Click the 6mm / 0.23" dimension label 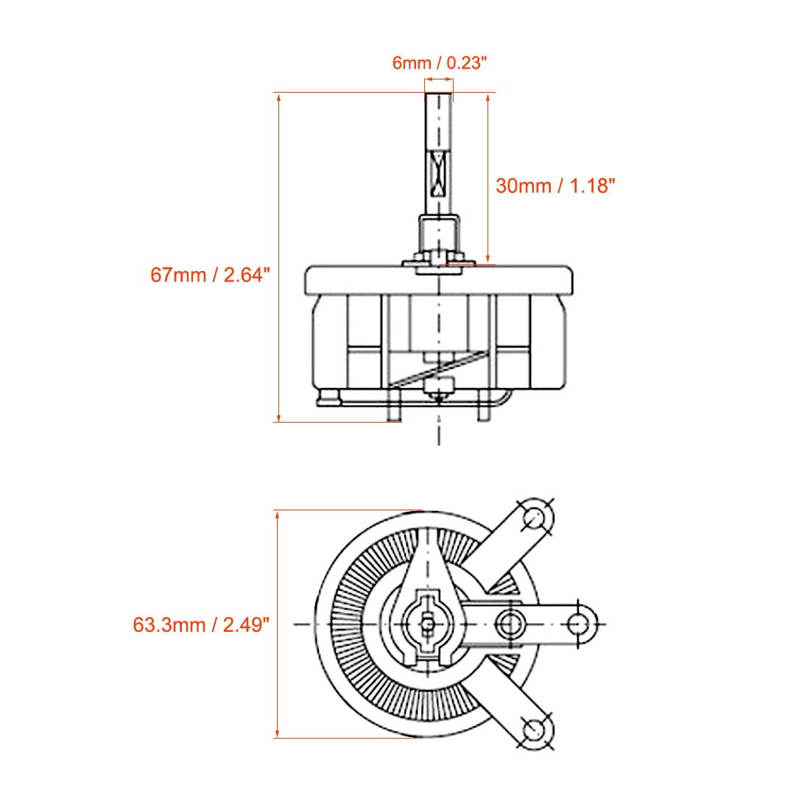tap(440, 63)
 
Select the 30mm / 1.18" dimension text tap(554, 186)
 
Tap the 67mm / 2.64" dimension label tap(211, 275)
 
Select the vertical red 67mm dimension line tap(279, 258)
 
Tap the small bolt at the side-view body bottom tap(439, 387)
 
